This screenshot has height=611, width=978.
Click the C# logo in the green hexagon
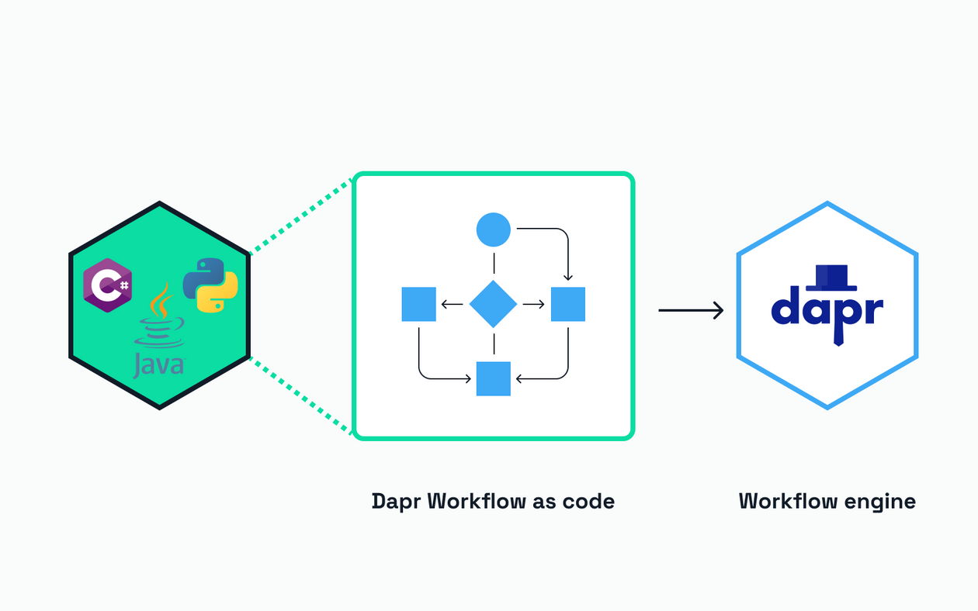point(108,285)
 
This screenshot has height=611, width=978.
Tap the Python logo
point(210,285)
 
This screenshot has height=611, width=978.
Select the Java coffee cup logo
point(161,319)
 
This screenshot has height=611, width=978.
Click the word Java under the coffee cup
point(158,364)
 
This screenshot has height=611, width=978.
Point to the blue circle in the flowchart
point(493,230)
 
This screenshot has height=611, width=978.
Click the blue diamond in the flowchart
point(493,304)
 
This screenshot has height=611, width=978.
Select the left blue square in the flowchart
point(418,304)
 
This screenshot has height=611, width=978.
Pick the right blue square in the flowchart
point(567,304)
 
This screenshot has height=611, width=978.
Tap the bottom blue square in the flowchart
point(493,378)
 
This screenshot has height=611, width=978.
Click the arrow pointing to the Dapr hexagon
point(690,311)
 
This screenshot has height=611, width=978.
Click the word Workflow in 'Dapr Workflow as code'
point(459,502)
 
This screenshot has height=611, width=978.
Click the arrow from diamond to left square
point(453,304)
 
